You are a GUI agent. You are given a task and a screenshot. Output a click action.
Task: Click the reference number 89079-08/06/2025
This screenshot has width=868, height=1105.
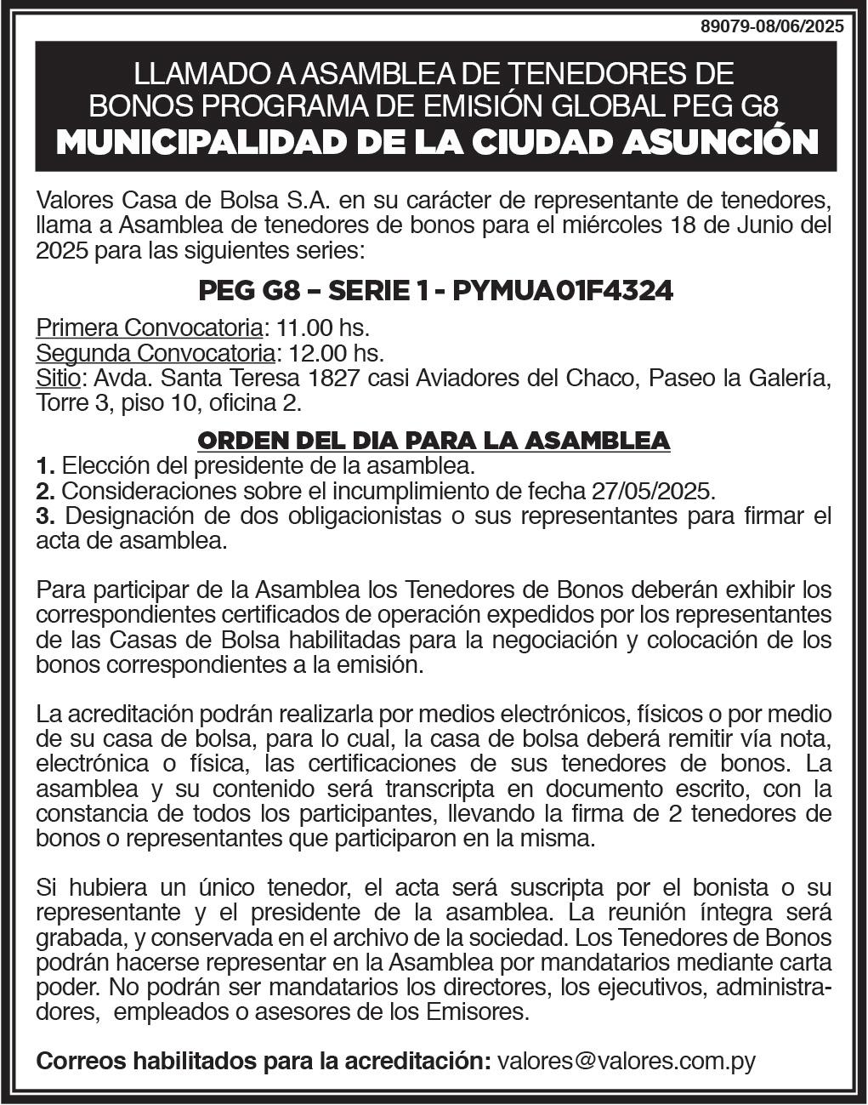coord(772,26)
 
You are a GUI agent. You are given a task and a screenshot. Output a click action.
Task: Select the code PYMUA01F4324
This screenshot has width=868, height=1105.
coord(563,291)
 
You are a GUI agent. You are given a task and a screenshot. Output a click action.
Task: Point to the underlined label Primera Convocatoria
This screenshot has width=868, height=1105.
coord(149,328)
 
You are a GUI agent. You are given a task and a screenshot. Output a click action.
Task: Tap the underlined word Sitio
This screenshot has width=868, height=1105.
coord(58,377)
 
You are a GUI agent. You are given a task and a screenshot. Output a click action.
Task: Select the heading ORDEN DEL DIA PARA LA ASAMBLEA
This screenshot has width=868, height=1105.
coord(434,440)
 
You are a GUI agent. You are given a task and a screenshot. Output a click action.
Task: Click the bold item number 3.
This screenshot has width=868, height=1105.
coord(45,515)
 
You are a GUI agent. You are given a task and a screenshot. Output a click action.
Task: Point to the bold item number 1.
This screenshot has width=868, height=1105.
coord(45,466)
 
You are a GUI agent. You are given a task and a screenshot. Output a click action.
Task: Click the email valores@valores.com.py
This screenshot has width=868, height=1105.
coord(626,1062)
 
